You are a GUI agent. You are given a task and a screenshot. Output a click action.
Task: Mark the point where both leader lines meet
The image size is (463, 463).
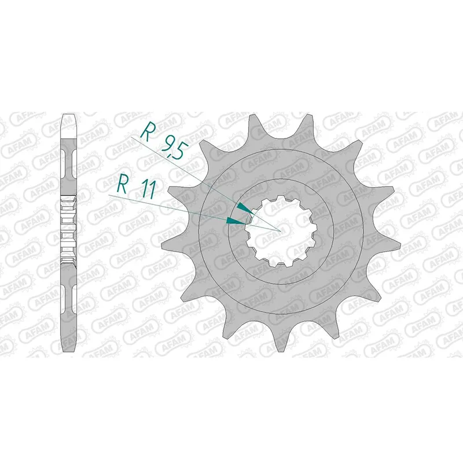pyautogui.click(x=281, y=231)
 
